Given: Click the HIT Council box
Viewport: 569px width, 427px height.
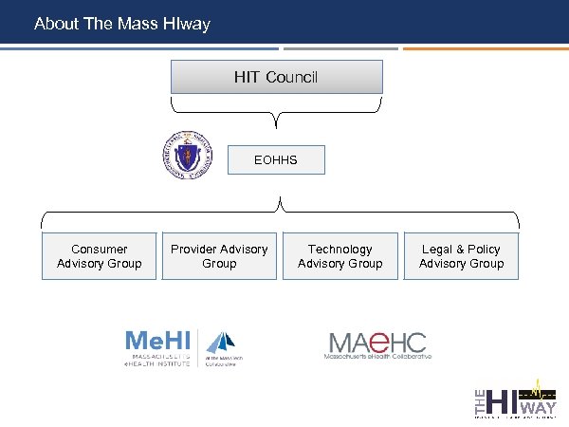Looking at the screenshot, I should [x=276, y=77].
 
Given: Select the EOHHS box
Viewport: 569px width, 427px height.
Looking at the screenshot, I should [x=276, y=160].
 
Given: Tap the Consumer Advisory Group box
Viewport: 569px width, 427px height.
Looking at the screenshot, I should [x=100, y=256].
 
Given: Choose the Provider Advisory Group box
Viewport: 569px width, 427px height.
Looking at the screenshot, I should [x=219, y=256].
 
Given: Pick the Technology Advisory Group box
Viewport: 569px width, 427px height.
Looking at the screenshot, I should [x=340, y=256].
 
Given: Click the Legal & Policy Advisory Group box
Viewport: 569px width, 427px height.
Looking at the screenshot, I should [x=462, y=256].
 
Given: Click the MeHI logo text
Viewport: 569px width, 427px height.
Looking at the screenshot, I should [x=159, y=342].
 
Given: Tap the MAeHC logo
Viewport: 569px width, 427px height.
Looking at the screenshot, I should [x=378, y=344].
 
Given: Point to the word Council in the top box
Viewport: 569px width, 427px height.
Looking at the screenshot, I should [x=292, y=77].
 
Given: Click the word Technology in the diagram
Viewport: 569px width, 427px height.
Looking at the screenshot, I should [x=340, y=250].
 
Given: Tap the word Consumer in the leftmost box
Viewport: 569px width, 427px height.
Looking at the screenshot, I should [x=100, y=250].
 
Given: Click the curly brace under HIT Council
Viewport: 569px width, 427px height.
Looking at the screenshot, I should [x=276, y=112].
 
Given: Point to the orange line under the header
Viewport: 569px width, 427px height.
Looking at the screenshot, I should [x=484, y=48].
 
